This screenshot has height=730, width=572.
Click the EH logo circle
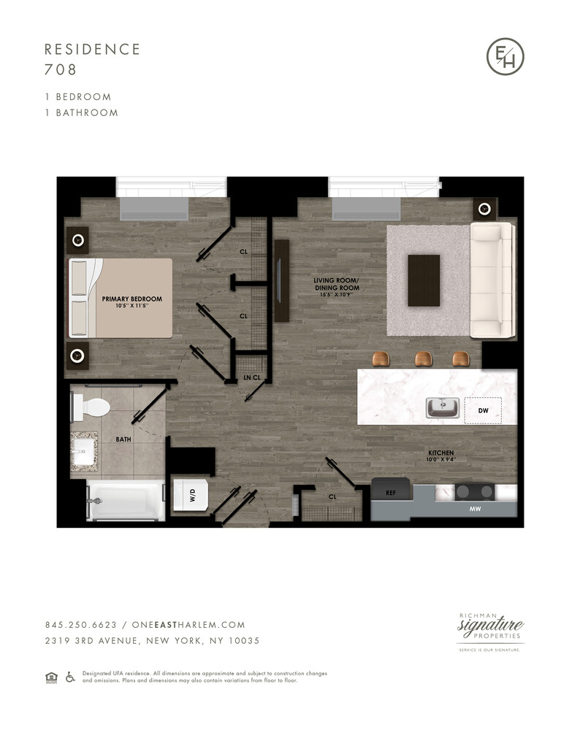click(506, 55)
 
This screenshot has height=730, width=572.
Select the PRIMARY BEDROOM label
click(131, 299)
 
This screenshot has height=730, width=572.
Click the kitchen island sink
click(443, 407)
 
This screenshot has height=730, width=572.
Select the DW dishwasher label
click(483, 411)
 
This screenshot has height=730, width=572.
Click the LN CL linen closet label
click(251, 378)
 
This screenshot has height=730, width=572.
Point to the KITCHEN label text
click(441, 453)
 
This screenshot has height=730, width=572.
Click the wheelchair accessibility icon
click(71, 677)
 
